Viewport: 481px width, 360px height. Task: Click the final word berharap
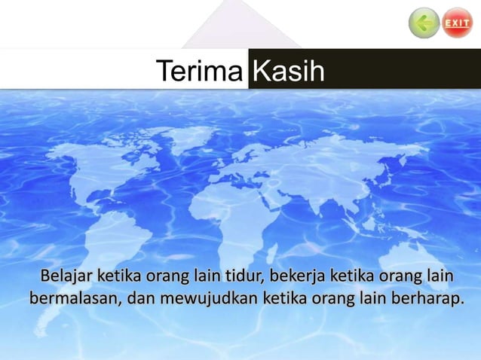pyautogui.click(x=427, y=298)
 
